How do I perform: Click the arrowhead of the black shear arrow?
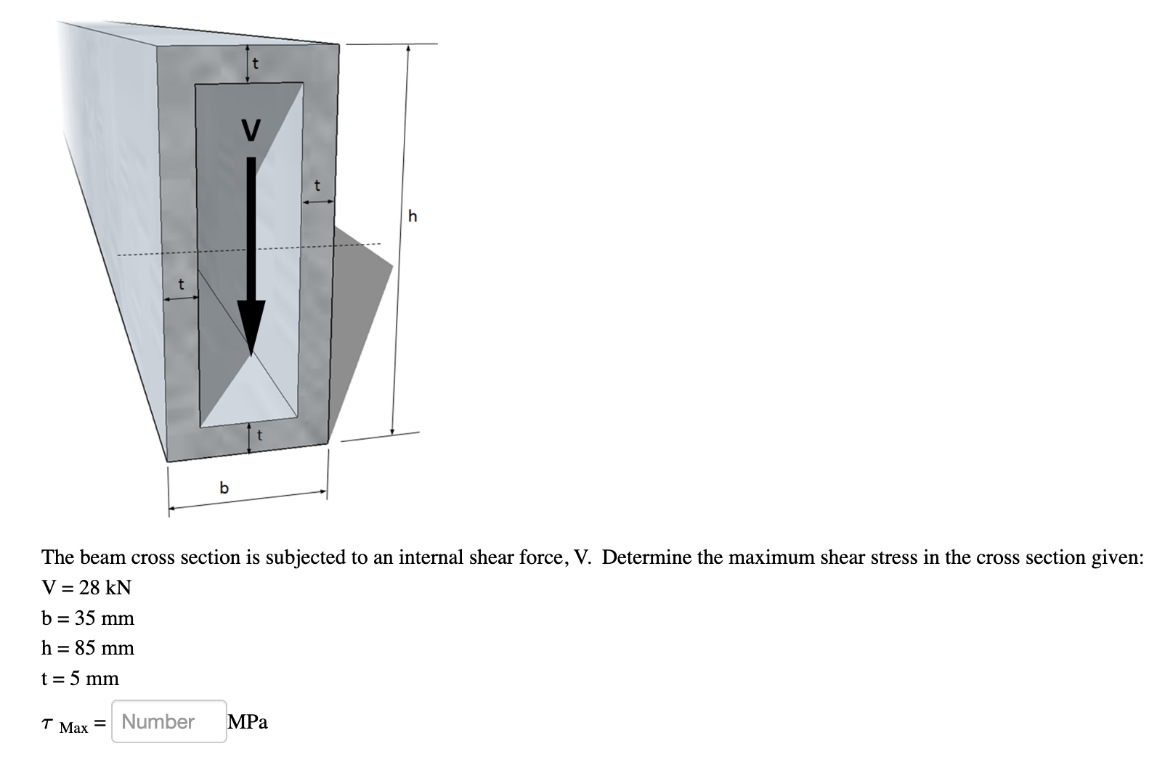pyautogui.click(x=251, y=327)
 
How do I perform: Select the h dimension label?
pyautogui.click(x=413, y=216)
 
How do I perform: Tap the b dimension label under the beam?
pyautogui.click(x=224, y=488)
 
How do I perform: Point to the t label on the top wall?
pyautogui.click(x=255, y=64)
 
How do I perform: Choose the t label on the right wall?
pyautogui.click(x=316, y=187)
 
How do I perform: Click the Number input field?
pyautogui.click(x=169, y=721)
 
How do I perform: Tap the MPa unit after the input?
pyautogui.click(x=248, y=722)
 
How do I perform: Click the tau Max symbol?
pyautogui.click(x=65, y=724)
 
